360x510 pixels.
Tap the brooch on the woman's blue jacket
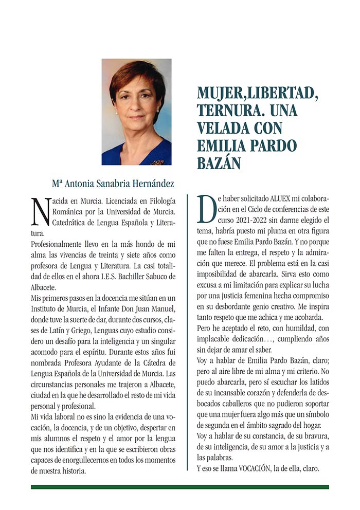click(x=157, y=162)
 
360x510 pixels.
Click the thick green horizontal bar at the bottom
click(x=180, y=486)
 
